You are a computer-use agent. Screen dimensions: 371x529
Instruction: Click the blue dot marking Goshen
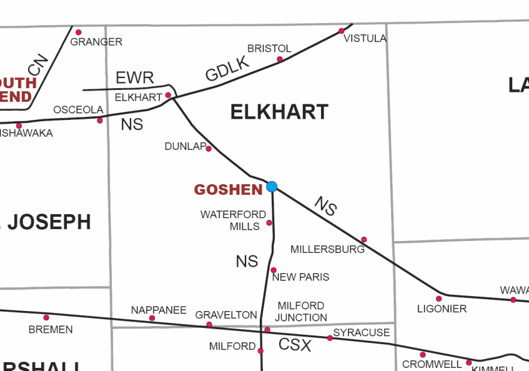click(x=272, y=186)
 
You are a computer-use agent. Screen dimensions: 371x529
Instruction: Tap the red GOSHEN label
click(x=228, y=190)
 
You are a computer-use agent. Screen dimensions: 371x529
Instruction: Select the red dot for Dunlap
click(x=209, y=149)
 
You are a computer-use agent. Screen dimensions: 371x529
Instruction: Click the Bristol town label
click(x=269, y=49)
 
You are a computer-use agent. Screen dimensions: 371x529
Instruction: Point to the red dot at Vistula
click(x=342, y=31)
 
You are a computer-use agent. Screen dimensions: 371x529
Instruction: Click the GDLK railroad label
click(x=227, y=69)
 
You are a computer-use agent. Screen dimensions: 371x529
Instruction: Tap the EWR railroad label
click(x=135, y=78)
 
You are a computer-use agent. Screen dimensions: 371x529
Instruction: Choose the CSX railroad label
click(x=295, y=344)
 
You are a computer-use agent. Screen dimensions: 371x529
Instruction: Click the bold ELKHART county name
click(x=279, y=112)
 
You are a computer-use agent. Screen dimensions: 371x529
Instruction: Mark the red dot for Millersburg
click(x=364, y=240)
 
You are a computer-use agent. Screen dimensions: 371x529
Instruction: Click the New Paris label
click(x=301, y=277)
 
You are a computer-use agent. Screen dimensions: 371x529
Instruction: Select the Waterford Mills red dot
click(x=269, y=223)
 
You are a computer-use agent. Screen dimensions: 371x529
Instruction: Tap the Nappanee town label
click(x=159, y=310)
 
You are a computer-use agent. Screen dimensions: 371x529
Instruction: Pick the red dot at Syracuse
click(x=330, y=338)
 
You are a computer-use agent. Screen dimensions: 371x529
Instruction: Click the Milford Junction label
click(x=302, y=312)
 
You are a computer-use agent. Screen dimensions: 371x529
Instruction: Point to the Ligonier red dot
click(x=439, y=299)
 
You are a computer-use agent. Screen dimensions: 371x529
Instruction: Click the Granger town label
click(x=96, y=42)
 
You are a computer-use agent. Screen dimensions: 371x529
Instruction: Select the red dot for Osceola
click(x=100, y=121)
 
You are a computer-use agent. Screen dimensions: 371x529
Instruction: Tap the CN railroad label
click(x=37, y=65)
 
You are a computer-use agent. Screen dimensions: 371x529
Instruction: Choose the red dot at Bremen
click(x=46, y=317)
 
